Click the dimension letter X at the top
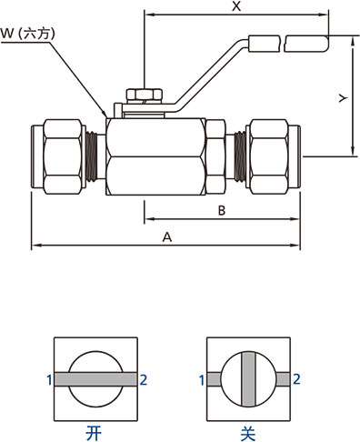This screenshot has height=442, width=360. [x=236, y=5]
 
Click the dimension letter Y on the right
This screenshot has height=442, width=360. [x=343, y=98]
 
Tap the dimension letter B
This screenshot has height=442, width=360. [x=222, y=210]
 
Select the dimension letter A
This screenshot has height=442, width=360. [x=167, y=236]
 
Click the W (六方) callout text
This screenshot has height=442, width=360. [x=27, y=34]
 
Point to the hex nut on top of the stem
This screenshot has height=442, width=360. [x=144, y=95]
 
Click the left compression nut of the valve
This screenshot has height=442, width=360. [x=63, y=156]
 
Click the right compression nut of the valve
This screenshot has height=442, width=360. [x=268, y=156]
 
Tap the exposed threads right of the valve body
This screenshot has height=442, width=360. [x=240, y=156]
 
